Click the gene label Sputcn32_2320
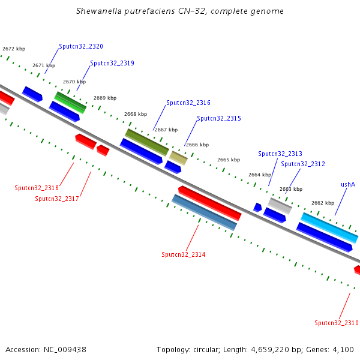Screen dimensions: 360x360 (80, 46)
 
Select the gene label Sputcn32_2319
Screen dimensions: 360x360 (112, 63)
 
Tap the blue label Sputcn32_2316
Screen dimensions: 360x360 (188, 103)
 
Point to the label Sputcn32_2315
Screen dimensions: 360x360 (219, 118)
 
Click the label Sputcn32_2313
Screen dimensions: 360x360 (280, 154)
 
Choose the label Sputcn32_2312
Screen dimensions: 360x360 (302, 164)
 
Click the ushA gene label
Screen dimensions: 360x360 (348, 184)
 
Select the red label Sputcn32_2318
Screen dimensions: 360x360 (37, 188)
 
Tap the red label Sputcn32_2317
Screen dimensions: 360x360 (57, 199)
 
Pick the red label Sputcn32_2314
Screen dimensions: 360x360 (183, 254)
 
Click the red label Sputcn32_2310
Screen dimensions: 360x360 (336, 323)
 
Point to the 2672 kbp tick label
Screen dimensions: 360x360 (14, 49)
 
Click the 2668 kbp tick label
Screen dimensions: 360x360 (135, 113)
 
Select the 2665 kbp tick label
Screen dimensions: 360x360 (228, 160)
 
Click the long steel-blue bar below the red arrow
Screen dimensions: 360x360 (204, 212)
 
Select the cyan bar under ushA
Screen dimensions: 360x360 (329, 227)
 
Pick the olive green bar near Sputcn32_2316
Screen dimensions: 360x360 (146, 142)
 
